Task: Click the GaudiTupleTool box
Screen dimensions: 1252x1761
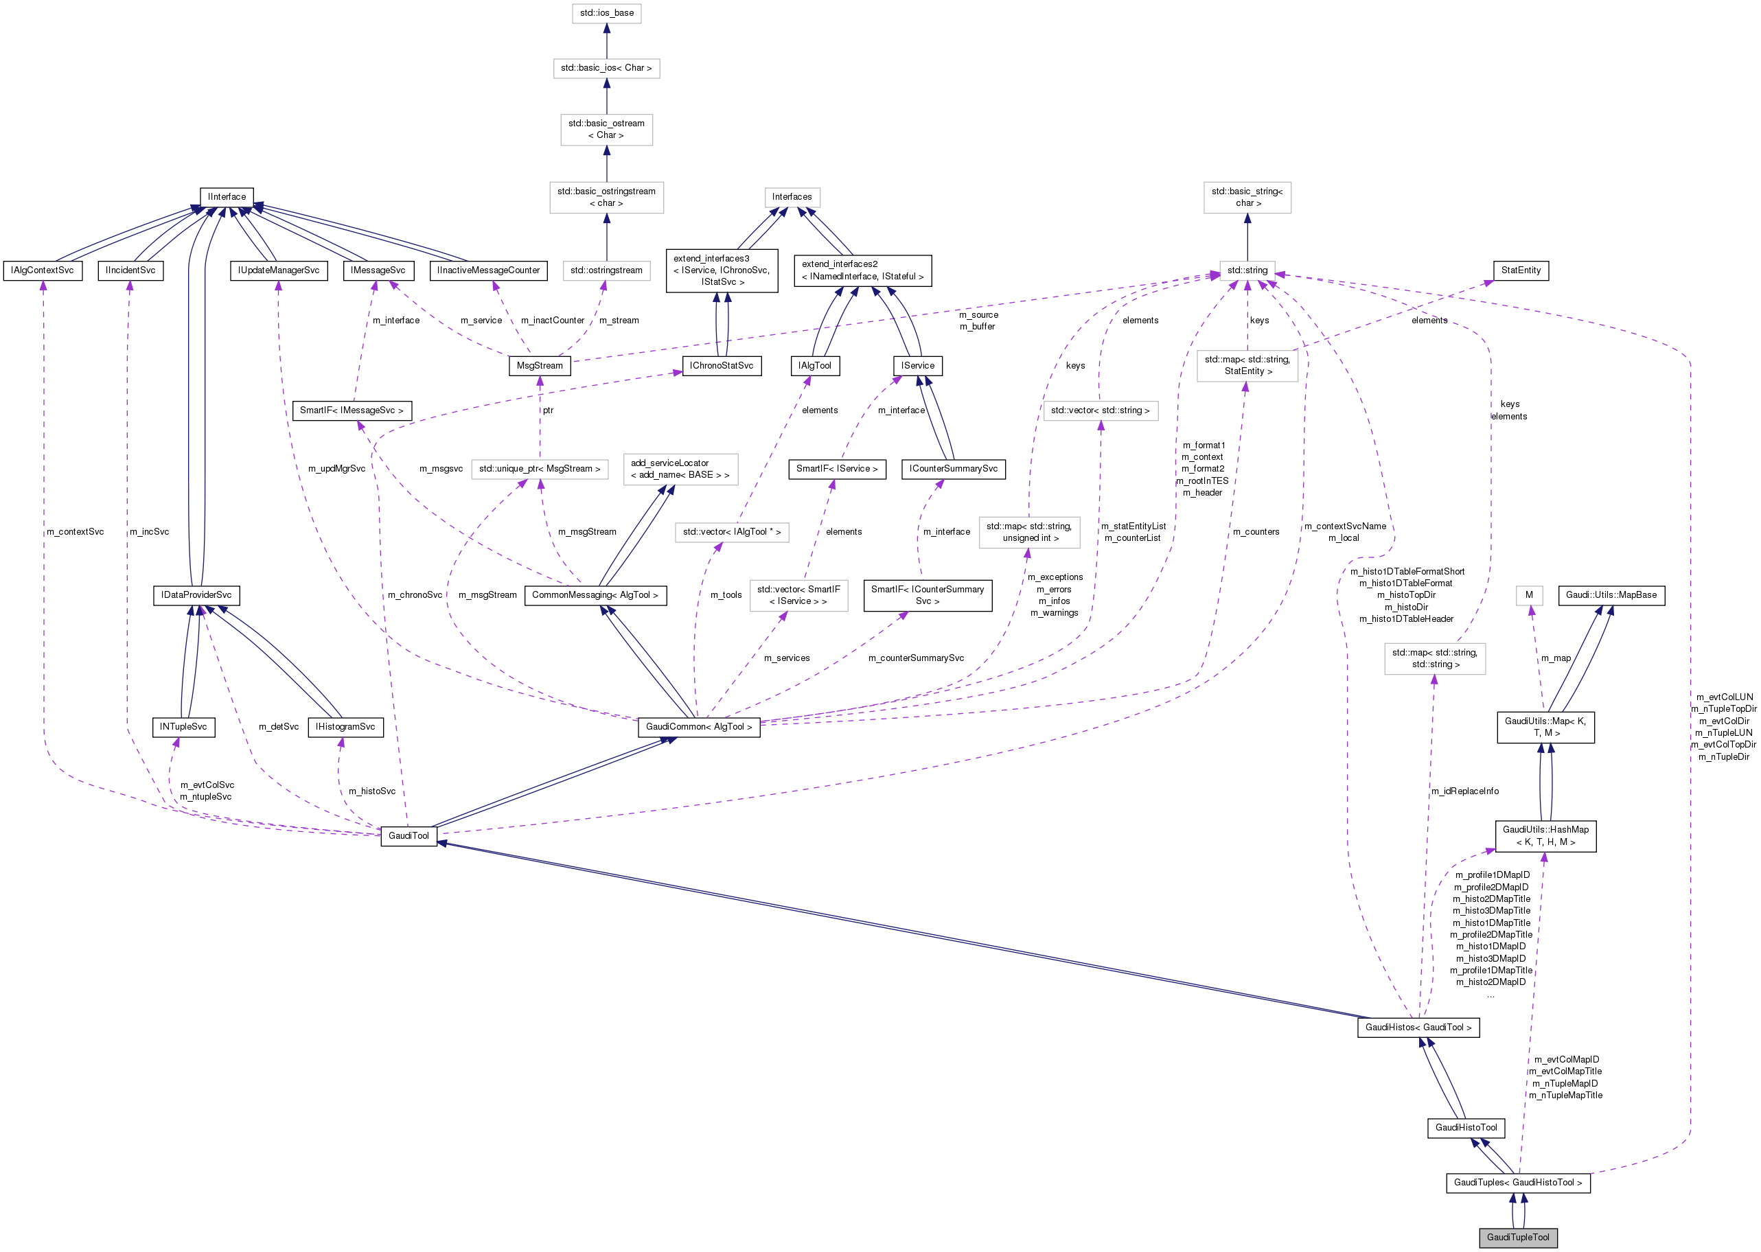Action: point(1517,1237)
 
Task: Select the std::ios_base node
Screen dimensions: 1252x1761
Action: point(606,13)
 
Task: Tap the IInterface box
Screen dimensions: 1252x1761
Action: point(227,196)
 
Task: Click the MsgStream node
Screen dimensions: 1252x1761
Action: point(539,365)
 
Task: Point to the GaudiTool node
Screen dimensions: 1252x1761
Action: point(408,835)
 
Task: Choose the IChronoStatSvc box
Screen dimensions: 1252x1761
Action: point(721,365)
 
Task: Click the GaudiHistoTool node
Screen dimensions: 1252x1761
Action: point(1465,1127)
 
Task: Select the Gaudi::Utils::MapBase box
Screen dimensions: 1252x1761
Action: point(1611,594)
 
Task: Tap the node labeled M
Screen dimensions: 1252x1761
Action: point(1529,594)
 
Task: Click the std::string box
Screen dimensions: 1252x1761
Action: point(1247,270)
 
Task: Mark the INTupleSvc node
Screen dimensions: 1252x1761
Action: point(183,726)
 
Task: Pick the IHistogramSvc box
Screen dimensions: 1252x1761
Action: point(345,726)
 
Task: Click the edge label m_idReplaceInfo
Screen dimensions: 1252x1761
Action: point(1464,791)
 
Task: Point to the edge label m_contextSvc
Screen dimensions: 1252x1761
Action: point(75,531)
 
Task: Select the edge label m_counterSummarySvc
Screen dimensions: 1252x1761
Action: point(915,658)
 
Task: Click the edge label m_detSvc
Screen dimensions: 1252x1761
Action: point(278,726)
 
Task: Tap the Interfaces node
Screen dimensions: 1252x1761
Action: point(791,196)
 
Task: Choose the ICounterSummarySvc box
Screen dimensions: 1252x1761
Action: point(952,468)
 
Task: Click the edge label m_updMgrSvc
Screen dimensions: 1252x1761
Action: point(336,468)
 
